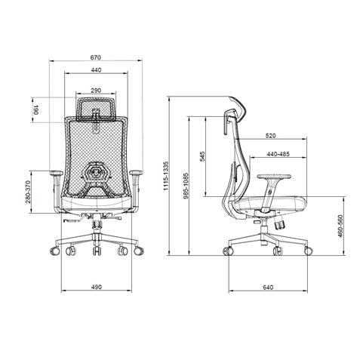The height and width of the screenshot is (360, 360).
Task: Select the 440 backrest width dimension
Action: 96,70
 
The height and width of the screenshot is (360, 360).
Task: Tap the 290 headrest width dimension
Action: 96,91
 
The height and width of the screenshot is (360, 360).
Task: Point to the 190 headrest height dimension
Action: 35,111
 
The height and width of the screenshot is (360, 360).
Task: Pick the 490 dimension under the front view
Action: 96,288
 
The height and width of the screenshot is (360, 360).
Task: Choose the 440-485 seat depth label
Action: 278,154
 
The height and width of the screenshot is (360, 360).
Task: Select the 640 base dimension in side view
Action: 269,288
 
